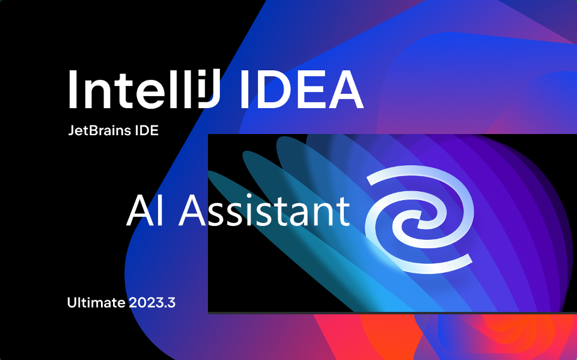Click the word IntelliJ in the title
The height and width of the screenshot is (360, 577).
pyautogui.click(x=144, y=89)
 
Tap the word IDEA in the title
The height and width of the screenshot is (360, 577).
pyautogui.click(x=302, y=90)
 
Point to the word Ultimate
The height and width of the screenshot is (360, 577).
pyautogui.click(x=96, y=302)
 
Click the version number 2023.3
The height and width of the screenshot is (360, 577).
pyautogui.click(x=152, y=302)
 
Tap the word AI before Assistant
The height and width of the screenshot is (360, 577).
pyautogui.click(x=145, y=210)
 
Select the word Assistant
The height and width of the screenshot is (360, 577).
pyautogui.click(x=264, y=210)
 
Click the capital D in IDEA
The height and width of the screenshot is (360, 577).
pyautogui.click(x=271, y=90)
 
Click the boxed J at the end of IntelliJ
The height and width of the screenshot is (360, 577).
pyautogui.click(x=209, y=89)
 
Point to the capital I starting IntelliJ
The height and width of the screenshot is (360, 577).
pyautogui.click(x=73, y=90)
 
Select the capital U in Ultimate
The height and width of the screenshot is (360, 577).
pyautogui.click(x=72, y=302)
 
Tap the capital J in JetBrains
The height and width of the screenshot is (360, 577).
pyautogui.click(x=72, y=130)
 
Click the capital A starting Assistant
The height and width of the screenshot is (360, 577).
pyautogui.click(x=192, y=210)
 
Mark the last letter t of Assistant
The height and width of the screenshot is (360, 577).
pyautogui.click(x=343, y=212)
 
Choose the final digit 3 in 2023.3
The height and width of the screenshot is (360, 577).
pyautogui.click(x=171, y=302)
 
